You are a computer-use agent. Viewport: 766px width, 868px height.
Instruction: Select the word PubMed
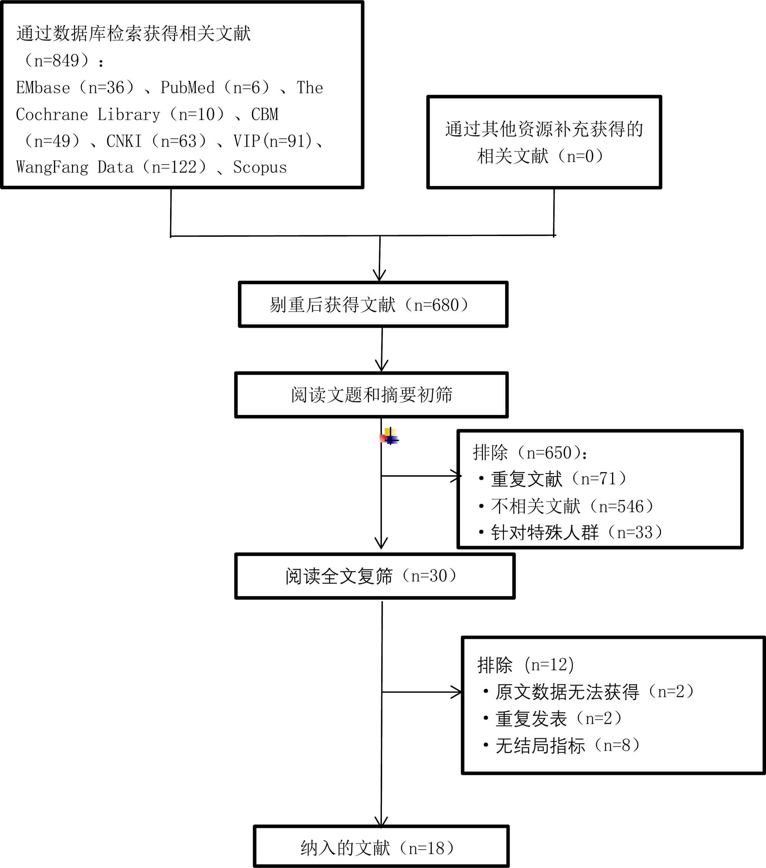pos(188,88)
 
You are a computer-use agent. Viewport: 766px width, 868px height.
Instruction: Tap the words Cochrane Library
pos(88,115)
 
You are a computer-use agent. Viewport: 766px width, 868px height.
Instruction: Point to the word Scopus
pos(260,168)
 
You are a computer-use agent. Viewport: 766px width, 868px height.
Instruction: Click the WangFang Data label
pos(75,168)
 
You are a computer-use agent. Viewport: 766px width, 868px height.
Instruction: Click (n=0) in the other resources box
pos(584,156)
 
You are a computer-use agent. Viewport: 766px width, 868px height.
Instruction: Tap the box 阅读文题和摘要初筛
pos(372,395)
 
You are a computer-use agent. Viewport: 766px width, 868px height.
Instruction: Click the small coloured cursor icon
pos(390,436)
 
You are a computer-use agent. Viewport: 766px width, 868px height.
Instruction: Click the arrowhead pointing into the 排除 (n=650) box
pos(457,476)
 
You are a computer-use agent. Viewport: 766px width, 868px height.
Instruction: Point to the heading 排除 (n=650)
pos(530,453)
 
